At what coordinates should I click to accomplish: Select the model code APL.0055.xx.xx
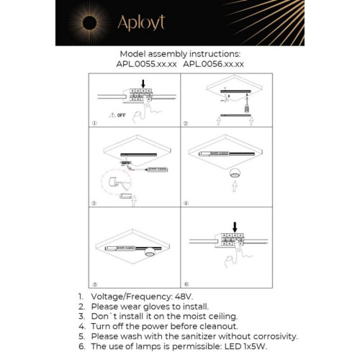tap(146, 64)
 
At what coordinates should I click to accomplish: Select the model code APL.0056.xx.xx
tap(214, 64)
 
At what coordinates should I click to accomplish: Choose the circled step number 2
tap(185, 124)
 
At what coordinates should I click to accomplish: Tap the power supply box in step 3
tap(158, 170)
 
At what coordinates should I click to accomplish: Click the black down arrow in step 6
tap(233, 227)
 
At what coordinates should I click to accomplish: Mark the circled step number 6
tap(185, 284)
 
